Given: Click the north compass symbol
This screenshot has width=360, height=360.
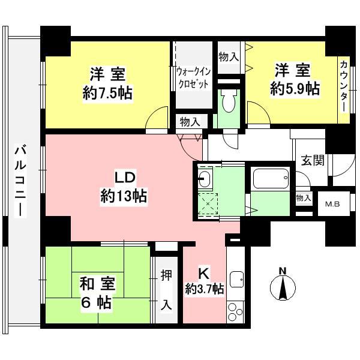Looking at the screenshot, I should [x=283, y=286].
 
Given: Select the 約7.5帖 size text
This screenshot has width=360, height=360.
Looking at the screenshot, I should [x=108, y=93].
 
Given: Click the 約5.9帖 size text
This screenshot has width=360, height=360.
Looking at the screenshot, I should [x=294, y=89].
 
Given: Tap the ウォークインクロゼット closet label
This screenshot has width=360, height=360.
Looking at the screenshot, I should [x=193, y=77].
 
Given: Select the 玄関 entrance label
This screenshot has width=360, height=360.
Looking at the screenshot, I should [x=312, y=160].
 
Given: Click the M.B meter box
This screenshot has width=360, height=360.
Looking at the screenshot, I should [x=332, y=203].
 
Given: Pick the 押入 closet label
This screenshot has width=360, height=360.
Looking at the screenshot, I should [x=166, y=290].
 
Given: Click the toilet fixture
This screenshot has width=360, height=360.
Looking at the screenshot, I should [x=228, y=102].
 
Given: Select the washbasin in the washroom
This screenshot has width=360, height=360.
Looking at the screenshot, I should [x=205, y=178].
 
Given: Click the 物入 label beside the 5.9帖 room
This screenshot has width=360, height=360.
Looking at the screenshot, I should [x=229, y=57].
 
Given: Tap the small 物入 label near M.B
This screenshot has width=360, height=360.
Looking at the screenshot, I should [x=304, y=197].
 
